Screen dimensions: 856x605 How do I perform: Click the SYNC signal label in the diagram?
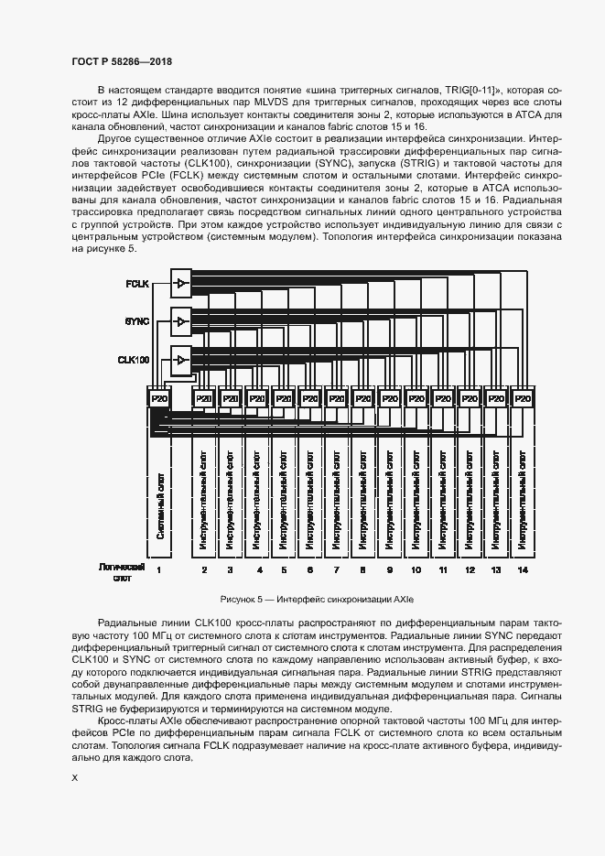click(136, 322)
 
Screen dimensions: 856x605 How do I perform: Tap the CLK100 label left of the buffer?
click(134, 361)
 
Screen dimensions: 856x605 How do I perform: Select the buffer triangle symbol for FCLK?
click(181, 284)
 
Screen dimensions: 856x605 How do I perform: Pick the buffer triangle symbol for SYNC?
click(181, 322)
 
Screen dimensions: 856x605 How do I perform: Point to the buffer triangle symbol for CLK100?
click(181, 360)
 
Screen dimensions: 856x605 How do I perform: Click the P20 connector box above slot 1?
click(159, 399)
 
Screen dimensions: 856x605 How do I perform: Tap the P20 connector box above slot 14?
click(523, 399)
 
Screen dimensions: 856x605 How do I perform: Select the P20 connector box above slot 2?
click(204, 399)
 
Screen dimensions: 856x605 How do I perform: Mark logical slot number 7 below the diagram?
click(336, 570)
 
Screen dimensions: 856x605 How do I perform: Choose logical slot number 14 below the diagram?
click(523, 570)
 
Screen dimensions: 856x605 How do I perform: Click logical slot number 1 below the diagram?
click(159, 570)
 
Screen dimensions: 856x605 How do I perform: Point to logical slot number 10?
click(416, 570)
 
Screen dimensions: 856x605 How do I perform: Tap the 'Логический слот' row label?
click(122, 573)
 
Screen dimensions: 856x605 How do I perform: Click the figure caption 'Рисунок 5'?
click(318, 600)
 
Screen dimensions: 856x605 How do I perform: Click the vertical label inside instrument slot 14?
click(523, 499)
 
